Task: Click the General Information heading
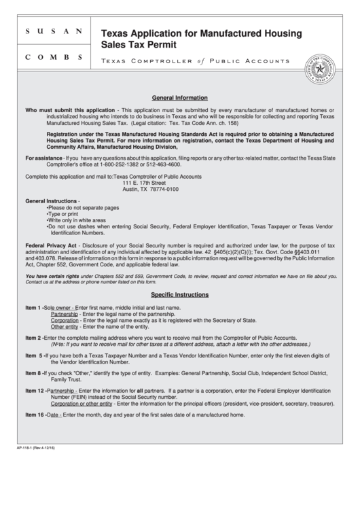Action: pyautogui.click(x=180, y=97)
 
